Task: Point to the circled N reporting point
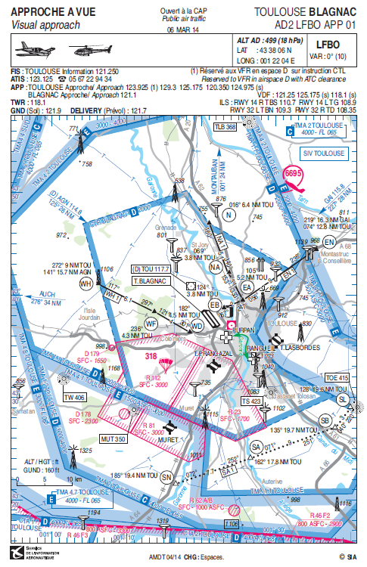point(228,213)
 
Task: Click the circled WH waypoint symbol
point(86,283)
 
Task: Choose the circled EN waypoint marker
point(328,242)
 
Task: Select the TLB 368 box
point(225,128)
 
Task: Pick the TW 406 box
point(74,398)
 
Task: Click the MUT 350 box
point(112,438)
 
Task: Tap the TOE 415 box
point(337,377)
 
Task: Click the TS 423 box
point(251,401)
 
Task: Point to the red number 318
point(171,355)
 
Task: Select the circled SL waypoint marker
point(341,399)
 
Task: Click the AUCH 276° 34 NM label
point(46,299)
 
